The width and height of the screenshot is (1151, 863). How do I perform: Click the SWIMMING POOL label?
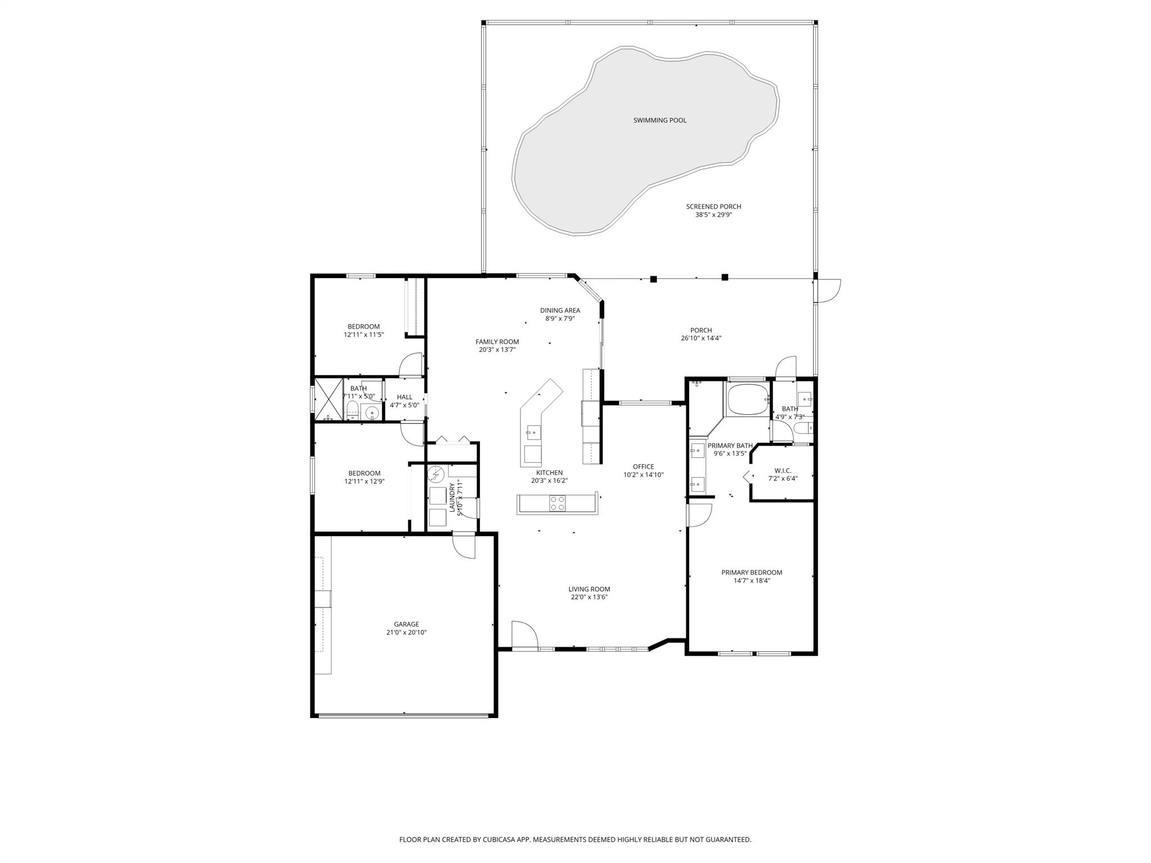[660, 120]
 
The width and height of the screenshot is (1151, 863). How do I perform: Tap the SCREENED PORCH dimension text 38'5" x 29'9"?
[713, 215]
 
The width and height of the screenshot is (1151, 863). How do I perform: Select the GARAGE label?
[406, 624]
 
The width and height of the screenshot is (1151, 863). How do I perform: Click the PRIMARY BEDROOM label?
[751, 573]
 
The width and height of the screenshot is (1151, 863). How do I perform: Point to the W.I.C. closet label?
[782, 470]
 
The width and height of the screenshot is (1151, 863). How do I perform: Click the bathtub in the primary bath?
[747, 399]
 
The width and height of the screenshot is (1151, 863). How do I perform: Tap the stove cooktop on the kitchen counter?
[557, 503]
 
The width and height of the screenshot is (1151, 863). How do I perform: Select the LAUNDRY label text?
[452, 497]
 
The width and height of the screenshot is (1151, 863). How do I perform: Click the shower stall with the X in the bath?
[328, 399]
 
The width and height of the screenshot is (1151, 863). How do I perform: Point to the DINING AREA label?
[560, 310]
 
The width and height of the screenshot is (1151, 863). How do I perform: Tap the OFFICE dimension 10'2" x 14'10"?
[644, 475]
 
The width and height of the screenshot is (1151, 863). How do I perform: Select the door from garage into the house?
[464, 546]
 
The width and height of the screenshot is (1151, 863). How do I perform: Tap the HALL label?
[404, 397]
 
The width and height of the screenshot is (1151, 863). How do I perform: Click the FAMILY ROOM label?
[497, 342]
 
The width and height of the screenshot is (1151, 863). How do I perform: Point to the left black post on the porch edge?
[654, 279]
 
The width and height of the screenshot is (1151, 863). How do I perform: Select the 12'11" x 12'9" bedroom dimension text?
[364, 482]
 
